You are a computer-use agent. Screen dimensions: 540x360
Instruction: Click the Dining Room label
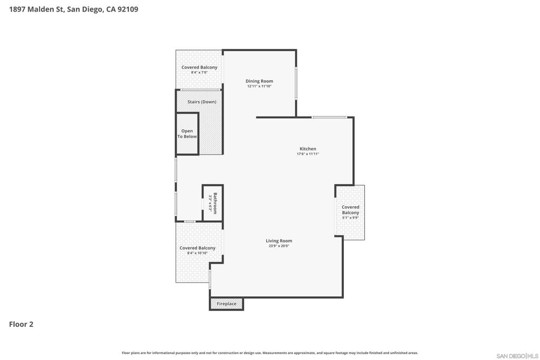pos(259,81)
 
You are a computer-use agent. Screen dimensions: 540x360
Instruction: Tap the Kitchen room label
pos(307,149)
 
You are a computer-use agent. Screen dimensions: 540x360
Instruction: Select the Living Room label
pos(278,241)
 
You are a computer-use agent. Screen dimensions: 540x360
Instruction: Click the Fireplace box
pos(227,304)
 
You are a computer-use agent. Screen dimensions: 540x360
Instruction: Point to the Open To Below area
pos(187,133)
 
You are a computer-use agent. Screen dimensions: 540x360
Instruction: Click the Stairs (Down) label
pos(202,102)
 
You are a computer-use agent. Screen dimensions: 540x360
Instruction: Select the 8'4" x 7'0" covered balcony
pos(199,70)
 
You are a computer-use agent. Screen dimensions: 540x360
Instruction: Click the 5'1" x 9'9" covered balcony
pos(350,212)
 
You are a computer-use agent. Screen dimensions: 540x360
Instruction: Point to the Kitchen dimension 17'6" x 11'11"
pos(308,154)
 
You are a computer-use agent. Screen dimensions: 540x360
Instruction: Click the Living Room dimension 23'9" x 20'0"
pos(278,246)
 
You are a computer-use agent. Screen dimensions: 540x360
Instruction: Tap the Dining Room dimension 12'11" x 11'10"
pos(259,86)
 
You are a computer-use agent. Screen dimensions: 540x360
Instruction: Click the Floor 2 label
pos(21,324)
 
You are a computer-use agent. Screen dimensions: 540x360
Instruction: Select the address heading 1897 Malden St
pos(36,9)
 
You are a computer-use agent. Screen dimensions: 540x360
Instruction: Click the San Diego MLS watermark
pos(517,356)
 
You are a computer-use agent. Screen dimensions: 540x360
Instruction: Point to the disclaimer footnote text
pos(269,353)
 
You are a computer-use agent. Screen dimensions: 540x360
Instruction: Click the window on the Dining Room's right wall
pos(296,84)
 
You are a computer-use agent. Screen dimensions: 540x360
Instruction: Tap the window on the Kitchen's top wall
pos(329,118)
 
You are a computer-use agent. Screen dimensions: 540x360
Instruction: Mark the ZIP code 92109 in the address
pos(128,9)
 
